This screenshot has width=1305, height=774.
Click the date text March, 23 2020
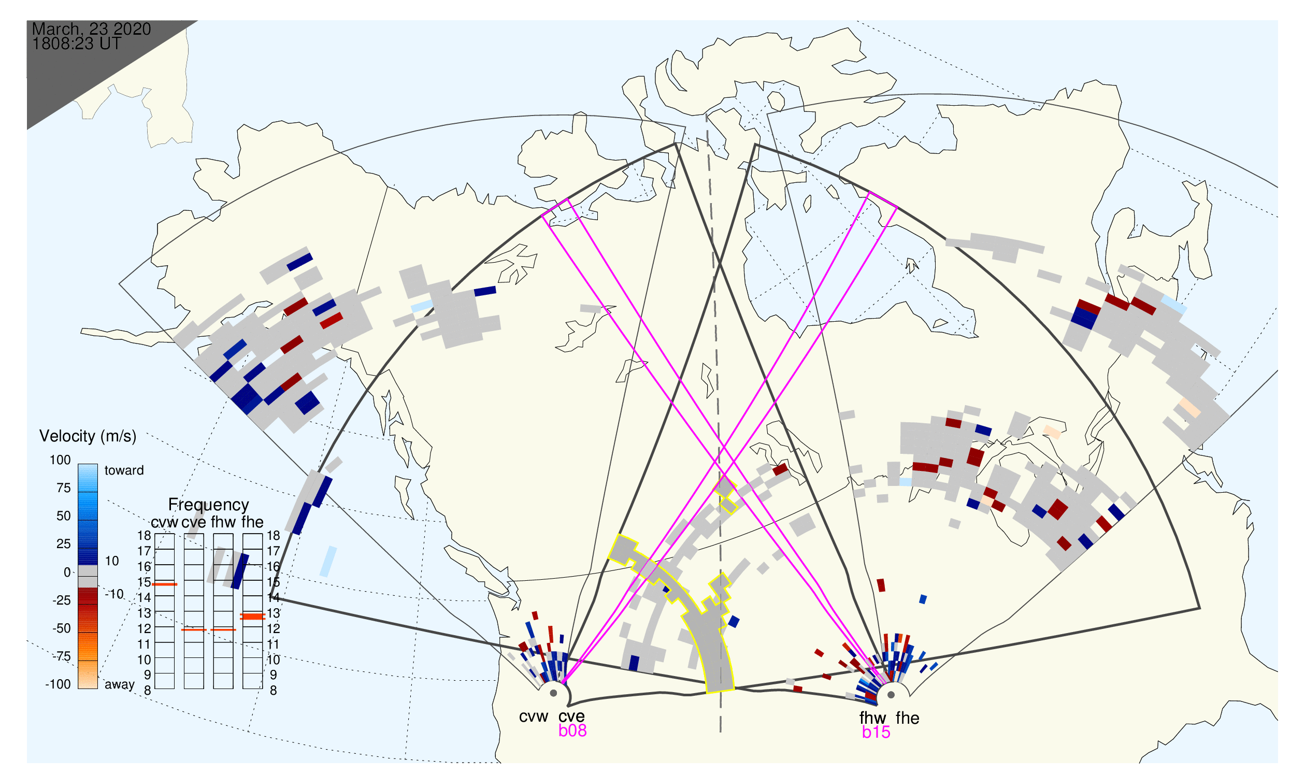pos(91,29)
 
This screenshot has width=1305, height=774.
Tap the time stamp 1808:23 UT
pos(77,44)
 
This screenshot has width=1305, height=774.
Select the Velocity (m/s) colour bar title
pos(88,437)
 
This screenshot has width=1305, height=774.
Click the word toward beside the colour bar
pos(124,470)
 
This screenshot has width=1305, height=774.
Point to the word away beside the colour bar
pos(120,685)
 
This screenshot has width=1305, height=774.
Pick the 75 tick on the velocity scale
pos(64,488)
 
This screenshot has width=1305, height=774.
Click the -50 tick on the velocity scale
pos(62,628)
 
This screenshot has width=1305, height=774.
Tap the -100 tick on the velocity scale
pos(58,685)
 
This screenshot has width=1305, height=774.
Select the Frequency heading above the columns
pos(209,506)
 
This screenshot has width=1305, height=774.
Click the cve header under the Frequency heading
pos(194,523)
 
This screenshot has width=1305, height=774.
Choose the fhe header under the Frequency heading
pos(252,523)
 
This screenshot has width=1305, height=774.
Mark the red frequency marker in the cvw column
pos(165,585)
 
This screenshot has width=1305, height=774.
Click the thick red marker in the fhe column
pos(252,617)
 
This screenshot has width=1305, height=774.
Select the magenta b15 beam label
pos(876,733)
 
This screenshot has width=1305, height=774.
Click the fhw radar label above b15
pos(872,718)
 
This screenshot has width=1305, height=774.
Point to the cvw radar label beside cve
pos(534,717)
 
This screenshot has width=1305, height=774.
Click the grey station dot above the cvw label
pos(553,694)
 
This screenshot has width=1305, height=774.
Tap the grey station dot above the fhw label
pos(892,695)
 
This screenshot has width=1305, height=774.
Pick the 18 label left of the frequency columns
pos(144,536)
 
